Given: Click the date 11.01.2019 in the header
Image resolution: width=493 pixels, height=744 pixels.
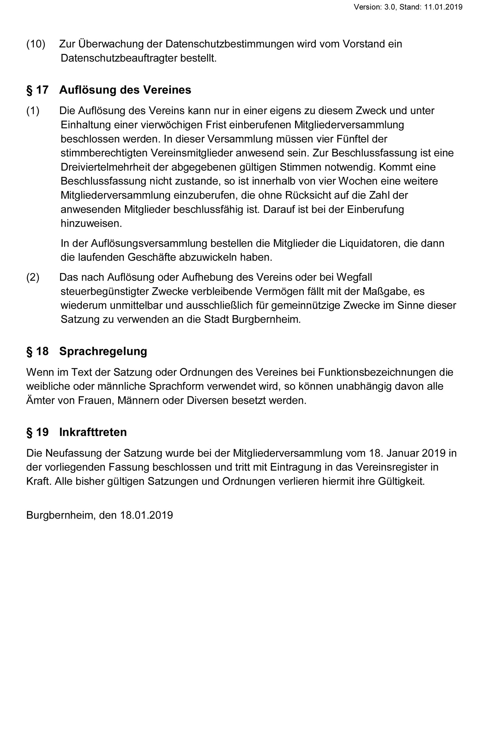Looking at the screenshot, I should point(443,7).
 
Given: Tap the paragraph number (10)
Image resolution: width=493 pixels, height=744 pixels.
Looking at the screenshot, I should point(36,44).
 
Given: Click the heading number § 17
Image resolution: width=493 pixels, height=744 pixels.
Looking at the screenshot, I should point(37,90).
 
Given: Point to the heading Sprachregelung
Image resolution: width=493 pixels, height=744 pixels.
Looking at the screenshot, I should point(103,351).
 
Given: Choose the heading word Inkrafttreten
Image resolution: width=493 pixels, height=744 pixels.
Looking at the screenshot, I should point(93,432).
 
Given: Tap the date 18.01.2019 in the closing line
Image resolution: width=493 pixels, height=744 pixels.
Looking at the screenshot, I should point(146,515).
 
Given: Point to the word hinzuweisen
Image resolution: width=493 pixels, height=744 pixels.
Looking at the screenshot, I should point(91,224).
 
